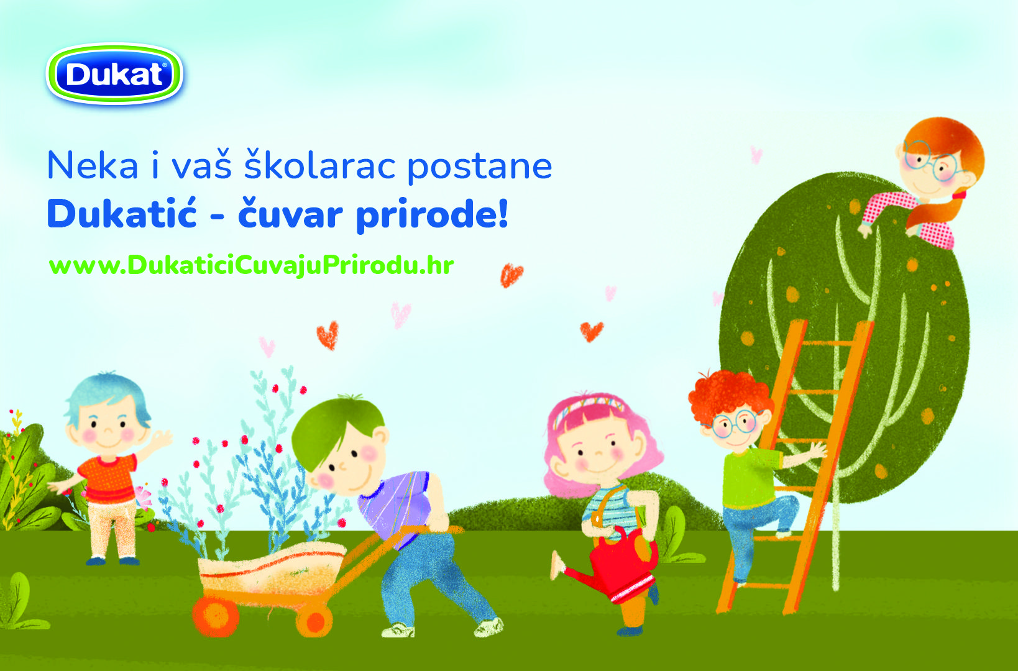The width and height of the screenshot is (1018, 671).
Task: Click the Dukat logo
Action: click(114, 73)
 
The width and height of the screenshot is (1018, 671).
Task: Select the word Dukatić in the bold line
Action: click(122, 214)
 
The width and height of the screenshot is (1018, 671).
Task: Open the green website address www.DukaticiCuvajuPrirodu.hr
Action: click(251, 265)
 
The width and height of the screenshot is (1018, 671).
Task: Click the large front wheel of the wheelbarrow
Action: click(216, 616)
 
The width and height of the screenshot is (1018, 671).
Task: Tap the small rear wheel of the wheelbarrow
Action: click(314, 621)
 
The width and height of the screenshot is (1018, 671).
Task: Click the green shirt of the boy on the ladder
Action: click(751, 479)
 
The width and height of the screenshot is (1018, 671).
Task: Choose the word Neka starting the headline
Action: click(93, 165)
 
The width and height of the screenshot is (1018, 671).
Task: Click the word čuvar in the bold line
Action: click(290, 214)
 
